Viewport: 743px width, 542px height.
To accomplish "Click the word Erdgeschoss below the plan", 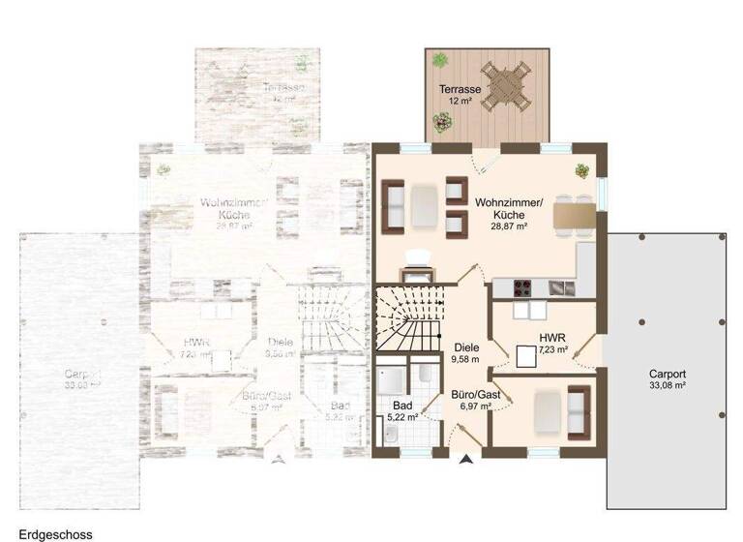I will (x=43, y=532).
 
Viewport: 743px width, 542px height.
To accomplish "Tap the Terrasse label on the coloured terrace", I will (x=459, y=88).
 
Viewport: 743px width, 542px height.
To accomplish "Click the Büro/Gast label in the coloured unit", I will (x=475, y=394).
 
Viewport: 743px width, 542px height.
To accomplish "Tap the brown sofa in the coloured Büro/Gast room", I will (x=578, y=408).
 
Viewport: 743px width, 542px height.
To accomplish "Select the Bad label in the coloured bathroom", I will (x=402, y=406).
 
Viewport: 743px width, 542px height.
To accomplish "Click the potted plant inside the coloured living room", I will (x=582, y=170).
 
